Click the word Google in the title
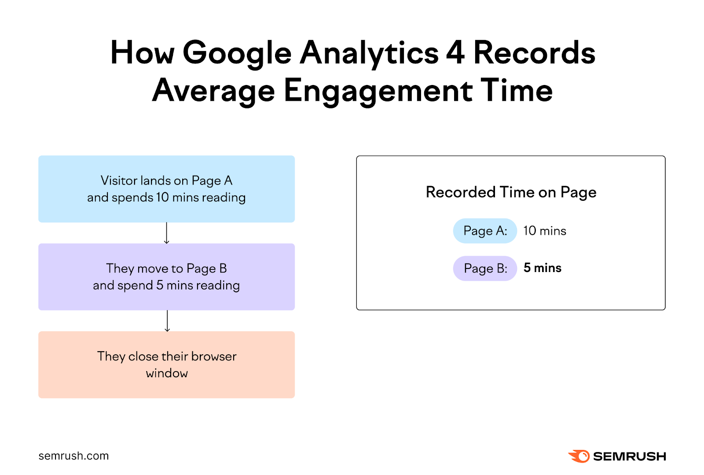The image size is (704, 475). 237,54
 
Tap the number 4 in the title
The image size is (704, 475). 455,53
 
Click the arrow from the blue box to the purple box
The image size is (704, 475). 166,233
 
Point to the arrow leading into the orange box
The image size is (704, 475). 167,321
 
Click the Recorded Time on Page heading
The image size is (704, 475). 511,192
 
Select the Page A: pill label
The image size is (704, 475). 485,231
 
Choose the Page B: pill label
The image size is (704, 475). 485,269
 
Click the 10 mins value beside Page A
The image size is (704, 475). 544,231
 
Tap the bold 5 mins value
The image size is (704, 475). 542,268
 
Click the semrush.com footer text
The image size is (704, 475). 73,456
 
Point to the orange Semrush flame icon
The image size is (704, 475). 579,456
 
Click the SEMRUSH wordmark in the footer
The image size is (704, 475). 629,457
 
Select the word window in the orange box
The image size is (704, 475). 167,373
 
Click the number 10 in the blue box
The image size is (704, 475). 162,197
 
